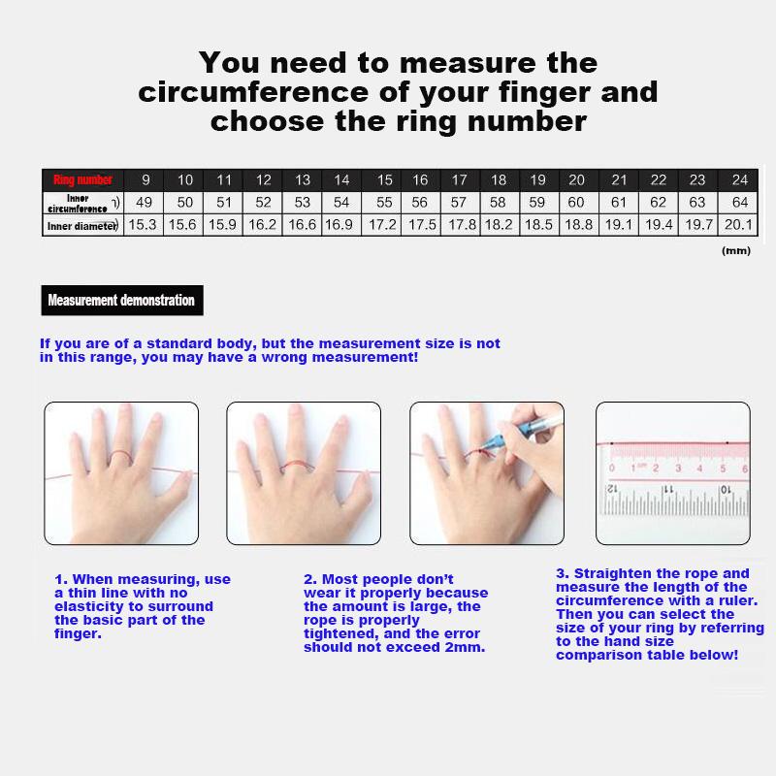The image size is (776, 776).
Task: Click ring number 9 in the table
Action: point(145,179)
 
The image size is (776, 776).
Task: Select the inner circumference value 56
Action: point(420,202)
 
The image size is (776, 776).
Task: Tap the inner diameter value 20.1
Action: point(740,225)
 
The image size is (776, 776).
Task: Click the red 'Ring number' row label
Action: point(82,179)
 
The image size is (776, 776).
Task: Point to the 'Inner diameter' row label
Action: point(81,226)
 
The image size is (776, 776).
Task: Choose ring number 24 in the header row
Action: point(740,179)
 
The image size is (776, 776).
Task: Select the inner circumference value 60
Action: point(576,202)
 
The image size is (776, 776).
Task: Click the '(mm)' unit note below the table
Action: point(737,250)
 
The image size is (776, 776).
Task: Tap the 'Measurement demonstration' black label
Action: point(121,300)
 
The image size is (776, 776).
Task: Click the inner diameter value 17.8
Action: point(459,225)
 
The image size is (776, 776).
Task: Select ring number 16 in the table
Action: point(420,179)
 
